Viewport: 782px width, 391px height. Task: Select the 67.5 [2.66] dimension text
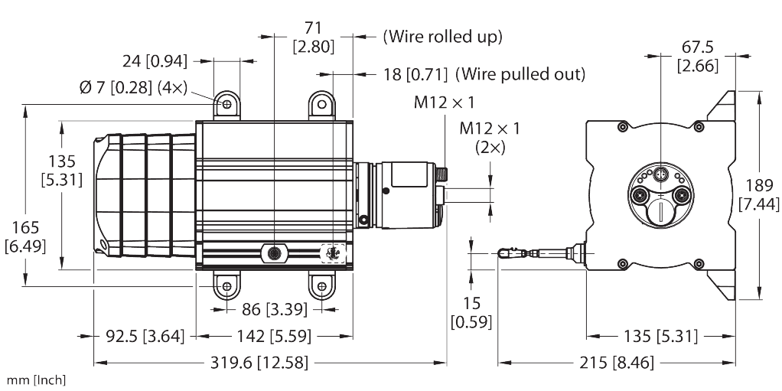(696, 57)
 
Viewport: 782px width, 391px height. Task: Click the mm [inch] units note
(37, 380)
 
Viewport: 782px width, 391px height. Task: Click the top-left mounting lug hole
(226, 103)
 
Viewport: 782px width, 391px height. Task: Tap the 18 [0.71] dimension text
(415, 74)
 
